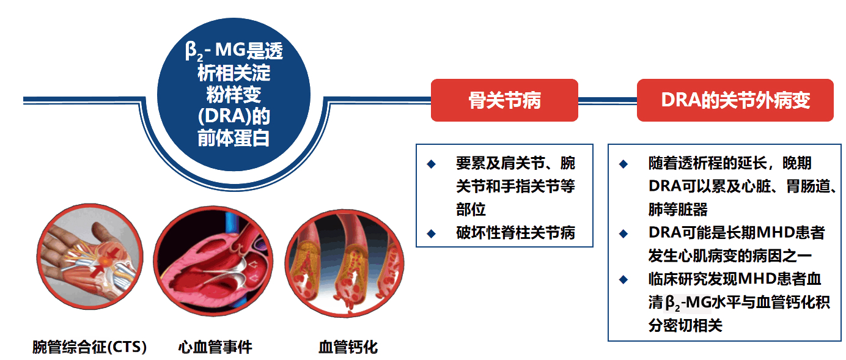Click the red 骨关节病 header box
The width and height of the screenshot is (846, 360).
(x=504, y=100)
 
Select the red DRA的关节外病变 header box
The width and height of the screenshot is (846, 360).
(x=735, y=100)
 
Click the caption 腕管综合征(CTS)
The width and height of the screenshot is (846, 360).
(x=89, y=348)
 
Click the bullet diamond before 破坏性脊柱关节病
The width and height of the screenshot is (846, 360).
(x=432, y=233)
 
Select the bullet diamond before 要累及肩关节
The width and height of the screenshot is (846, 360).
(x=432, y=164)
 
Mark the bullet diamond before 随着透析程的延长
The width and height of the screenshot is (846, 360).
(x=623, y=164)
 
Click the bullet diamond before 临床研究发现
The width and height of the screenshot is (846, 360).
(x=623, y=279)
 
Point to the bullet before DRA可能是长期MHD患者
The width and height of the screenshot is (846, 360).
(x=623, y=233)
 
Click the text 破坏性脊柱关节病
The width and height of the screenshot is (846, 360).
(x=515, y=233)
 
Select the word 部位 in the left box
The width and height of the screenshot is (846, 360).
(x=471, y=210)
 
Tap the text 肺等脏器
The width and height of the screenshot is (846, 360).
(x=677, y=210)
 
